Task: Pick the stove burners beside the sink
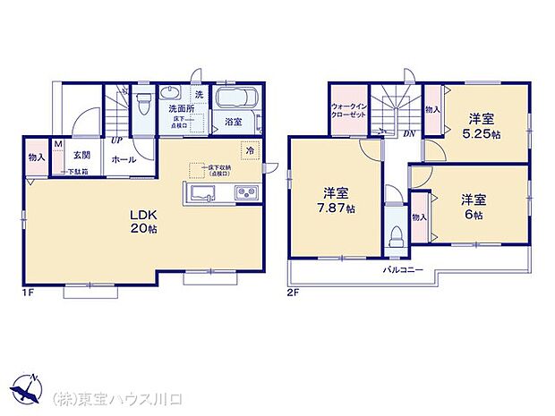click(x=245, y=193)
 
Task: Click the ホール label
click(x=123, y=159)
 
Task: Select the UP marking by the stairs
click(x=116, y=140)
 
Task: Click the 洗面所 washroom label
click(x=182, y=109)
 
